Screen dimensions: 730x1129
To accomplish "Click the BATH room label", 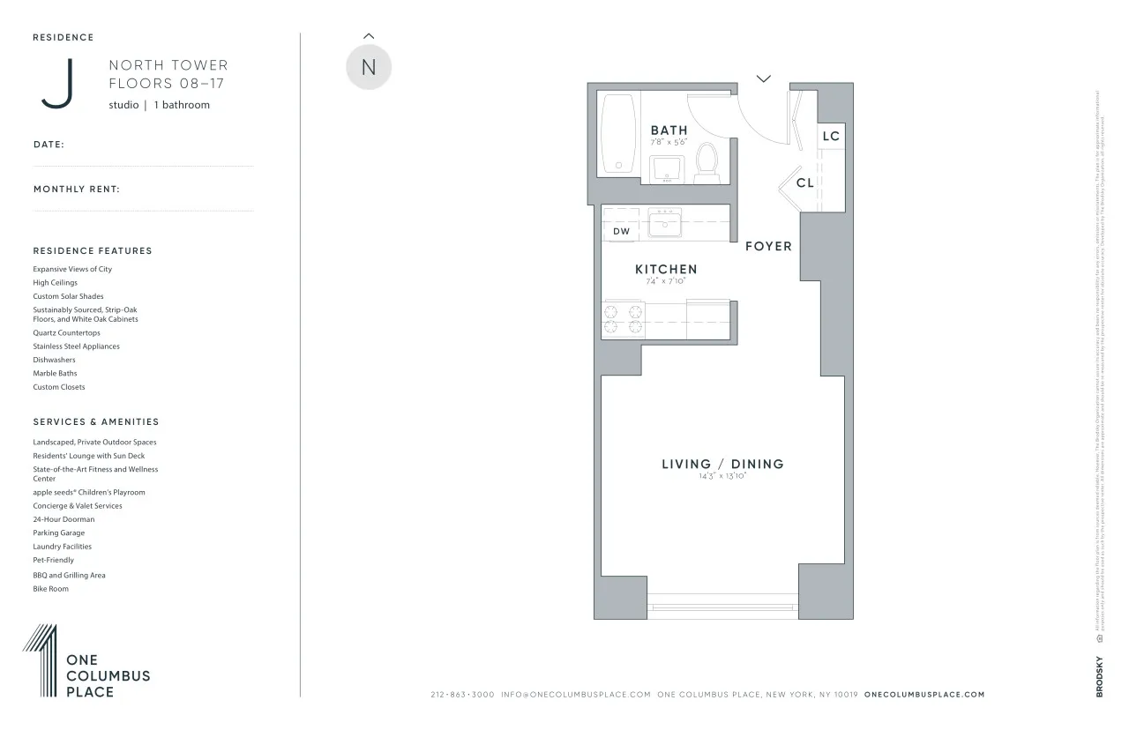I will (669, 130).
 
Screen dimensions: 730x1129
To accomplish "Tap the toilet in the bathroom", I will (707, 163).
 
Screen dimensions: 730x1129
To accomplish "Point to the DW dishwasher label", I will (622, 231).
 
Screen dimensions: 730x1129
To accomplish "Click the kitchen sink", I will (665, 223).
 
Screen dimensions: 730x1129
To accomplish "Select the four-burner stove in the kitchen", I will (623, 319).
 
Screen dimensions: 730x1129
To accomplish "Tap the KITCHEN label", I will (666, 269).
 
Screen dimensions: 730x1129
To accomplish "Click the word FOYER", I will (768, 246).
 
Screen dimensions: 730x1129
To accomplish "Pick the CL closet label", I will (804, 183).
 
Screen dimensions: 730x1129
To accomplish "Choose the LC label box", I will (831, 136).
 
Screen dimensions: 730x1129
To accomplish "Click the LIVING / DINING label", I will (722, 464).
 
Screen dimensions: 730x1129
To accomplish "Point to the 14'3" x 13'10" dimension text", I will (722, 476).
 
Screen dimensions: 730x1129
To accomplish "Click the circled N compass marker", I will (369, 68).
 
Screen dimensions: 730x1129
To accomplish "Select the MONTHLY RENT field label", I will (77, 190).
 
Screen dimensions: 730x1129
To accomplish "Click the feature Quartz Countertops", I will (67, 333).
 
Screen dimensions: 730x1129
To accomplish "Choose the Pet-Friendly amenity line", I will (54, 560).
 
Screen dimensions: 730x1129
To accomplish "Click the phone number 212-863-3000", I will (462, 695).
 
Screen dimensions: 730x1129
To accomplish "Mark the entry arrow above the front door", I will (764, 78).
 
